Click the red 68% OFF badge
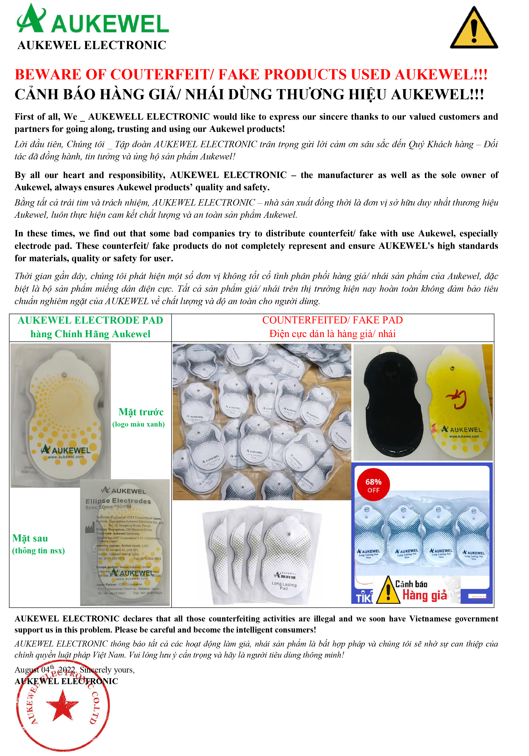(373, 485)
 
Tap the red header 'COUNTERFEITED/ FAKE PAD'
(332, 320)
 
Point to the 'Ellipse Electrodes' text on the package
(118, 501)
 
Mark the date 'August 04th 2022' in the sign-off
(45, 670)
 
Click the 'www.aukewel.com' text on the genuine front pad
(66, 457)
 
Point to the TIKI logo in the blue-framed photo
(364, 598)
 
